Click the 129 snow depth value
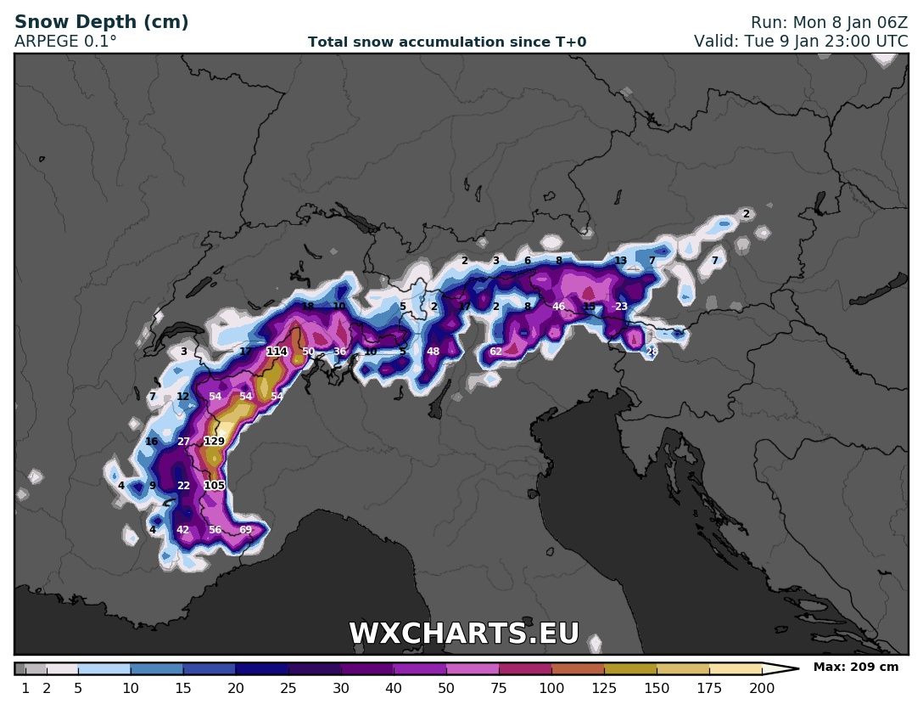click(x=214, y=442)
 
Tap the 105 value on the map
click(x=214, y=486)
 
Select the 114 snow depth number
click(x=277, y=352)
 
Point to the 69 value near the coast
click(x=245, y=530)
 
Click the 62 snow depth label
click(x=495, y=352)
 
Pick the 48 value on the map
click(x=433, y=352)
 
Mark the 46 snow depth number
click(x=558, y=307)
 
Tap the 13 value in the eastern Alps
click(x=620, y=262)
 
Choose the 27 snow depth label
click(x=183, y=442)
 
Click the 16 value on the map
click(x=152, y=442)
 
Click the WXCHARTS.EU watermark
click(x=464, y=634)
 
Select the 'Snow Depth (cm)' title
click(x=102, y=22)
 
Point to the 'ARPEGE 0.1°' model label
click(x=66, y=41)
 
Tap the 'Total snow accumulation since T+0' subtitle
click(x=446, y=42)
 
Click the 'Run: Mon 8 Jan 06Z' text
click(x=829, y=23)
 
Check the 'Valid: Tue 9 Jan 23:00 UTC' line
click(x=800, y=41)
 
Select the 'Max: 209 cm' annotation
click(x=855, y=668)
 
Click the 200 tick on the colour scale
click(x=761, y=689)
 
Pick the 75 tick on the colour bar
click(x=499, y=689)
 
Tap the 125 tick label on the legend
click(x=603, y=689)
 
